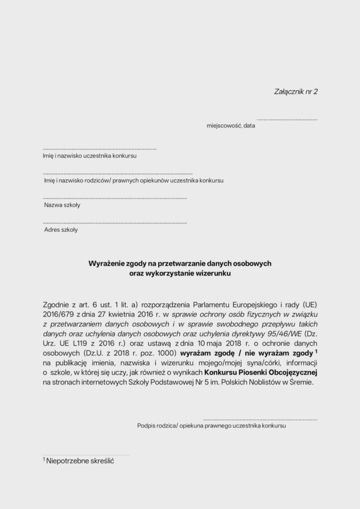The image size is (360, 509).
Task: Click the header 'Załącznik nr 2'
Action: pos(295,91)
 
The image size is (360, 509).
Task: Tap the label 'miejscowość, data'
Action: pos(231,126)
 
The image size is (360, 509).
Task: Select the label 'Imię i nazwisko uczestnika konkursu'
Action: pos(90,156)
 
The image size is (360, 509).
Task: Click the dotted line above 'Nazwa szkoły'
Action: pos(115,198)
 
